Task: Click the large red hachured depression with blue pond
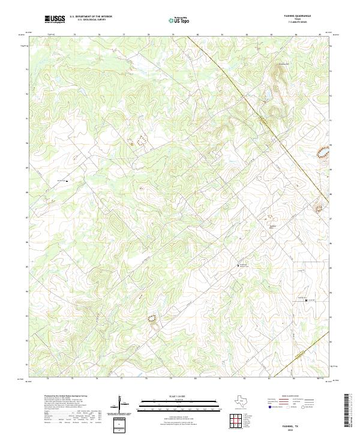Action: (x=324, y=153)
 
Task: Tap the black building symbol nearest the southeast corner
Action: (x=307, y=300)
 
